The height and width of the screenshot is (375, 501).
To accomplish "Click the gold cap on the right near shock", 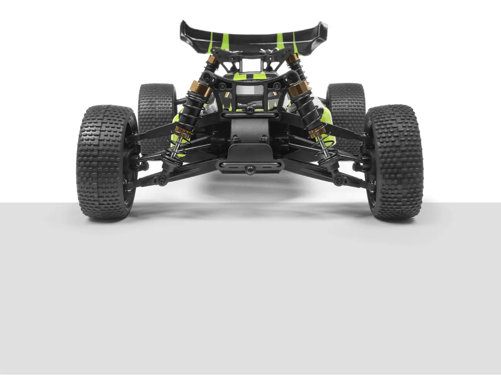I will (299, 90).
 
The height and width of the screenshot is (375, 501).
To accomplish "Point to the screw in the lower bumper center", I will (250, 169).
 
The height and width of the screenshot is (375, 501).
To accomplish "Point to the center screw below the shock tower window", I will (250, 110).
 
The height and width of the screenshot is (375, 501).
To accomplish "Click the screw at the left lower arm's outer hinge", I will (160, 179).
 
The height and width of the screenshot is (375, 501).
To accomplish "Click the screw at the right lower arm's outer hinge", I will (340, 179).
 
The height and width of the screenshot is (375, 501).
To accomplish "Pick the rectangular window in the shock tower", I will (250, 90).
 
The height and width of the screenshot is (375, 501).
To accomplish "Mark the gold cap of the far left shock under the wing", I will (212, 60).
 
